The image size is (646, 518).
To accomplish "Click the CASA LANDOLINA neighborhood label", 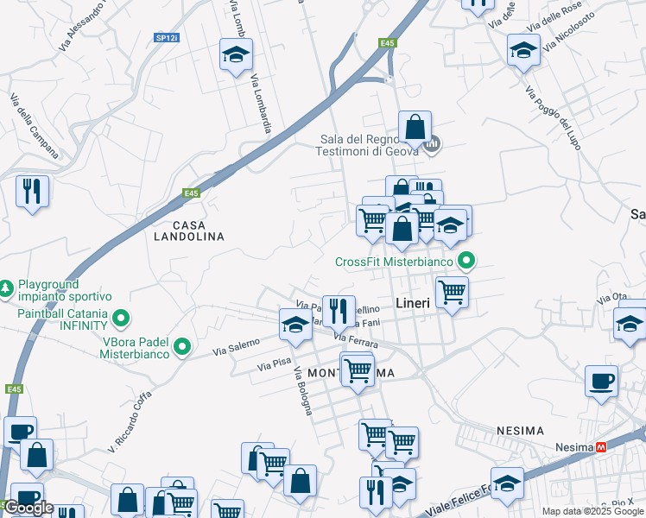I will pyautogui.click(x=188, y=230).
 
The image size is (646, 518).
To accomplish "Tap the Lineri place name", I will pyautogui.click(x=413, y=303).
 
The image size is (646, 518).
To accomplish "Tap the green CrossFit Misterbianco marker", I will pyautogui.click(x=467, y=259).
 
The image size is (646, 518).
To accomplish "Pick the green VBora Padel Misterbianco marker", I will pyautogui.click(x=182, y=347).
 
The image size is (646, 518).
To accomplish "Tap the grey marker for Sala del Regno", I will pyautogui.click(x=434, y=143).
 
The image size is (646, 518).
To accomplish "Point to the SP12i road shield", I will pyautogui.click(x=166, y=38).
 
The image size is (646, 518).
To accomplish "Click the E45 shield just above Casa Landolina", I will pyautogui.click(x=191, y=194).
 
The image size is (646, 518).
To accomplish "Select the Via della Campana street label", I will pyautogui.click(x=35, y=126).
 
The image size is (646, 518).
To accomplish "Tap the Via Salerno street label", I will pyautogui.click(x=237, y=348).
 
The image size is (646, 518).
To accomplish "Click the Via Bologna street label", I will pyautogui.click(x=303, y=391).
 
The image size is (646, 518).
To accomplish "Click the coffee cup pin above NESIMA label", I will pyautogui.click(x=601, y=380).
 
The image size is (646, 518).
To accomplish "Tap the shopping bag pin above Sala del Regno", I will pyautogui.click(x=415, y=127).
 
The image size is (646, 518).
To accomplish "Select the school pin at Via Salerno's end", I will pyautogui.click(x=295, y=325).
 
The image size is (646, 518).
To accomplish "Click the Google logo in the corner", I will pyautogui.click(x=29, y=508).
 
